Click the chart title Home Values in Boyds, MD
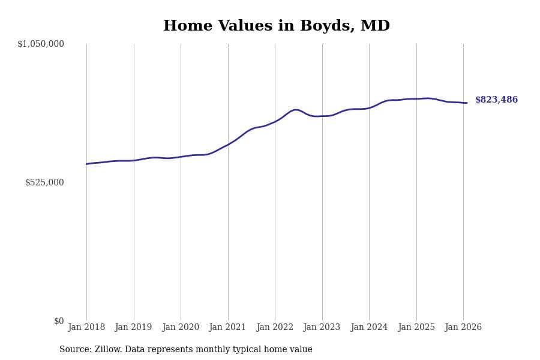tap(276, 26)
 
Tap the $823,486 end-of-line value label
tap(496, 100)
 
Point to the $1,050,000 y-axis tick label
tap(41, 44)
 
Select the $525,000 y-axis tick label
tap(44, 182)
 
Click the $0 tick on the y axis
tap(59, 321)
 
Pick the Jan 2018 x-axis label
tap(86, 328)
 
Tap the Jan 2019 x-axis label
tap(134, 328)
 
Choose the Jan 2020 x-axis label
tap(181, 328)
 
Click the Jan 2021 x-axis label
tap(228, 328)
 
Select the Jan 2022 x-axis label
tap(275, 328)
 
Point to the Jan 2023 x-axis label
tap(322, 328)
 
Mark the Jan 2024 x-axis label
tap(369, 328)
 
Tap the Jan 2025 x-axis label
tap(416, 328)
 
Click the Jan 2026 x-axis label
tap(463, 328)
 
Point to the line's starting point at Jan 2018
tap(86, 164)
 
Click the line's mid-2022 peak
tap(295, 110)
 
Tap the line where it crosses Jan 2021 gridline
tap(228, 145)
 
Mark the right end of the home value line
tap(467, 103)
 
